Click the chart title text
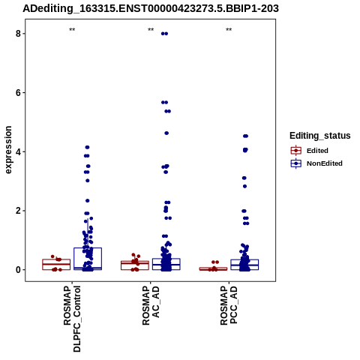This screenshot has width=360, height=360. (151, 8)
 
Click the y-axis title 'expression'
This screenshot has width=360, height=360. (8, 150)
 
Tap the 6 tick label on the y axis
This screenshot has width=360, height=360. (19, 92)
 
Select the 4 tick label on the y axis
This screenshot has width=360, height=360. (19, 151)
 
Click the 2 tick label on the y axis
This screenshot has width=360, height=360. (19, 211)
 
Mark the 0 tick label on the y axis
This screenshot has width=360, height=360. (19, 270)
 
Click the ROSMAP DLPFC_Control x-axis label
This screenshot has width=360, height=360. (72, 319)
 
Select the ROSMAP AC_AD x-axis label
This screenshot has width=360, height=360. (151, 305)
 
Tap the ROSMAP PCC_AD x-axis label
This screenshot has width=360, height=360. (229, 305)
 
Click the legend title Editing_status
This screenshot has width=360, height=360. (320, 136)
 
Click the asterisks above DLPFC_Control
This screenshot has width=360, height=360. (72, 30)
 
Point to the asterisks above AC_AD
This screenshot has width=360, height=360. (151, 30)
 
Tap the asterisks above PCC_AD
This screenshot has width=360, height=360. (229, 30)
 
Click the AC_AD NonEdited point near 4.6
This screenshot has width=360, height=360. (166, 133)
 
